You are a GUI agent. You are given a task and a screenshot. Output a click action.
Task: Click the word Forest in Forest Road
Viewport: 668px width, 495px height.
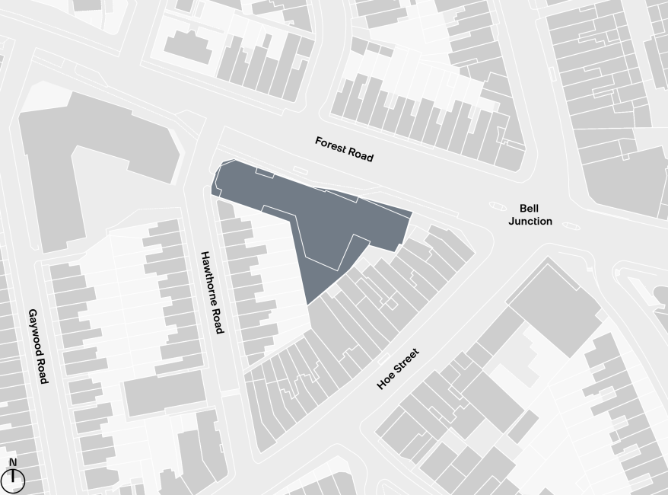[332, 145]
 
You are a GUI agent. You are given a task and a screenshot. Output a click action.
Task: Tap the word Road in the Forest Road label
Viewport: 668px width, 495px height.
[361, 155]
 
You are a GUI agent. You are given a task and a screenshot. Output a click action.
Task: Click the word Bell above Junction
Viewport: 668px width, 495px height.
[530, 208]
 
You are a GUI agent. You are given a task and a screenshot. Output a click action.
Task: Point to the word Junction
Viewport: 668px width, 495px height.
[530, 222]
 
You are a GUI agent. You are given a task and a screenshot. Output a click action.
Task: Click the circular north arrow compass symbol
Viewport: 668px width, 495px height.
[13, 481]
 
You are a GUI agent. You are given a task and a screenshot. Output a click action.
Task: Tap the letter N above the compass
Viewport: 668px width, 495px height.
[13, 462]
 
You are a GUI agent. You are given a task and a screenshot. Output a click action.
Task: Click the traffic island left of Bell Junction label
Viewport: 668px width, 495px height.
[497, 206]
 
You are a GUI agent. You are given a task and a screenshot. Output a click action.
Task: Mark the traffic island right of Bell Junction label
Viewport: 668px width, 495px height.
[571, 226]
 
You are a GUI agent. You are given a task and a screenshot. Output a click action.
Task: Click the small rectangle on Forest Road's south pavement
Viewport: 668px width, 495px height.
[301, 171]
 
